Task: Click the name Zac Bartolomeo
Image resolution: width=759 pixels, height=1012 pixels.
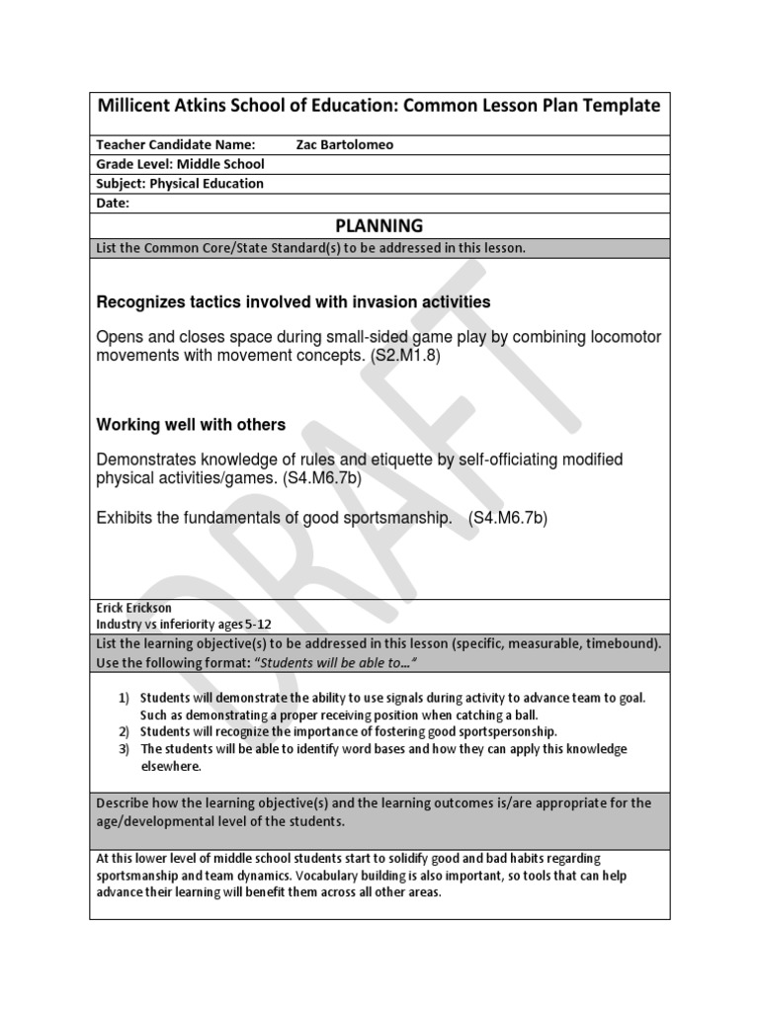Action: tap(344, 144)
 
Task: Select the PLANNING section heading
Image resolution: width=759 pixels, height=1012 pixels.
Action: tap(379, 225)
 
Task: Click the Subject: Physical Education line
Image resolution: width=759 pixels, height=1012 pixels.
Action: tap(180, 184)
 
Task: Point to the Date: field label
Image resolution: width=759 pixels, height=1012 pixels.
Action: tap(113, 204)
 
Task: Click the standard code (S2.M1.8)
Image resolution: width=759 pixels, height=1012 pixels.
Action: tap(405, 355)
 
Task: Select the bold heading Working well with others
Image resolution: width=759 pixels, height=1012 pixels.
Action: tap(191, 424)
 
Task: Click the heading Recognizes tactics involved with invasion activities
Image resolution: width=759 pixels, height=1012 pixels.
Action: tap(293, 301)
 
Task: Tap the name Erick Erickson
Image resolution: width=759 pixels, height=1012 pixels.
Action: tap(133, 608)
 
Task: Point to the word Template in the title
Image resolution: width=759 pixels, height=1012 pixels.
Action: tap(622, 106)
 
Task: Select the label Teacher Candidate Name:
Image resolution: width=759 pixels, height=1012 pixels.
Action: tap(175, 144)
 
